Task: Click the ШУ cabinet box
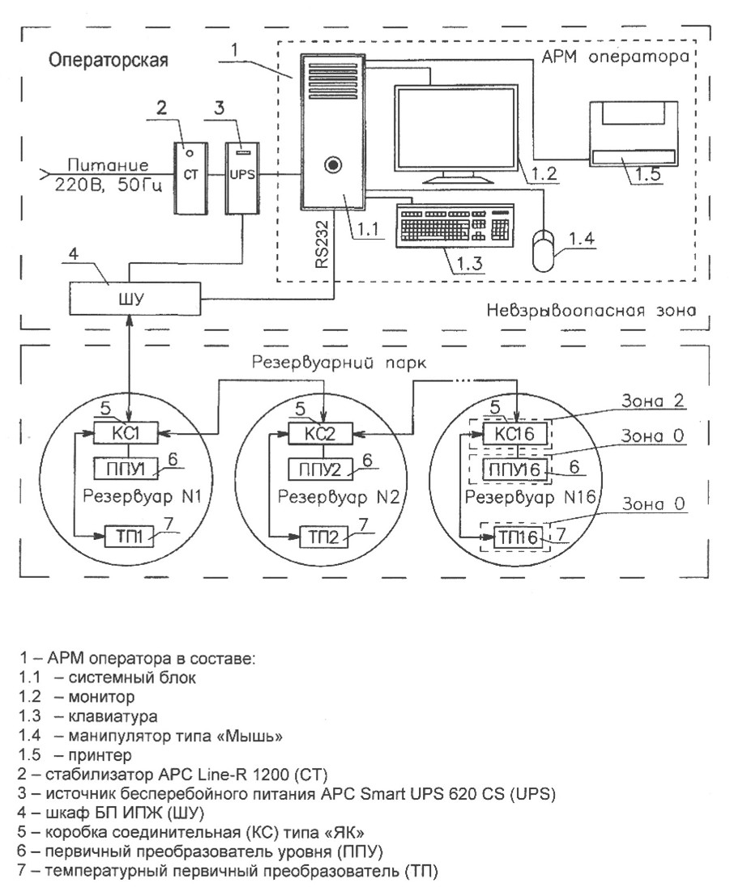coord(134,299)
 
